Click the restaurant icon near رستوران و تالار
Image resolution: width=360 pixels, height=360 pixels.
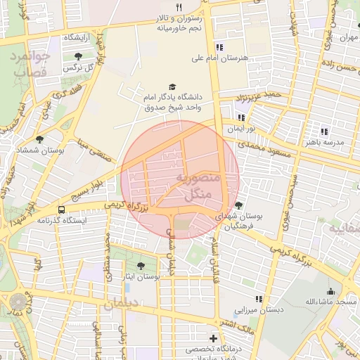(x=179, y=8)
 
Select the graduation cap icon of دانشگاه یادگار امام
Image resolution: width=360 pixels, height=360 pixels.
(x=172, y=86)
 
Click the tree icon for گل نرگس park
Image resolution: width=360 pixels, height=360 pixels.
(x=77, y=56)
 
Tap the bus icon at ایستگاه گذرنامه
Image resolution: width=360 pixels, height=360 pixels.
(x=62, y=210)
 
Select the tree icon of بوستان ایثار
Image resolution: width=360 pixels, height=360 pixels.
(x=142, y=266)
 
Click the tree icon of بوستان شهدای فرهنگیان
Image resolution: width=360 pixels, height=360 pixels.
(x=239, y=206)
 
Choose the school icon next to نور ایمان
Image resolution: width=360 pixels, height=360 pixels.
(x=242, y=118)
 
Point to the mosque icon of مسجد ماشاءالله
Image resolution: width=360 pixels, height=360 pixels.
(x=330, y=291)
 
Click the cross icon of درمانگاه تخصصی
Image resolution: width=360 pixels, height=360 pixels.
(x=214, y=338)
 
